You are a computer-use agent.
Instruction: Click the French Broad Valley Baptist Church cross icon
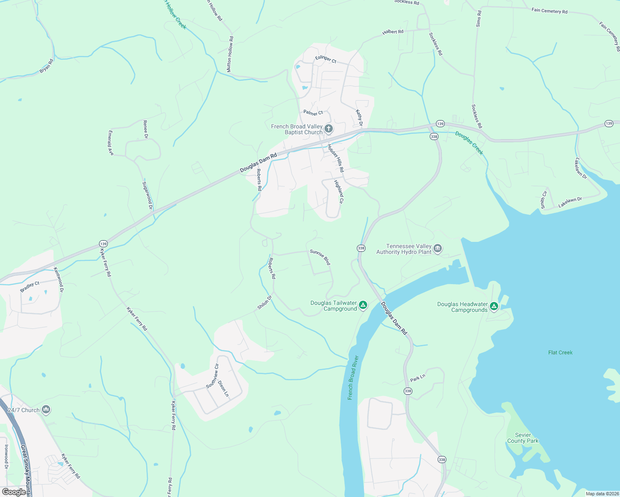328,129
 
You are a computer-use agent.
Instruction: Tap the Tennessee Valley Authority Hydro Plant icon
438,249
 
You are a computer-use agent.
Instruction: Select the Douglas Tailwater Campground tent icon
363,306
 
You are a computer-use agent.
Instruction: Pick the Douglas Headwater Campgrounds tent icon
494,306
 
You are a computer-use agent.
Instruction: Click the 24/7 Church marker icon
46,410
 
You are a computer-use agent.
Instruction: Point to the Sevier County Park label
523,438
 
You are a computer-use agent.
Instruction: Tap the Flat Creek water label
560,352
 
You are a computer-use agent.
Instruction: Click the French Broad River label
353,377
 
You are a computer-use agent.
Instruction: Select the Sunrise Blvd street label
320,257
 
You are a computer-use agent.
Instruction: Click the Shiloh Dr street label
264,302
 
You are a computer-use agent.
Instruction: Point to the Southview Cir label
212,376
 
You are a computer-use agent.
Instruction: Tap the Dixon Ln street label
223,388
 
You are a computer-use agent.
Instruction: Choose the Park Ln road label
417,378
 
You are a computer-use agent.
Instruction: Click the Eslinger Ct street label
326,59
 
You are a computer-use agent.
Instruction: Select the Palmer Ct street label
313,113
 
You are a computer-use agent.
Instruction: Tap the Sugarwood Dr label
148,195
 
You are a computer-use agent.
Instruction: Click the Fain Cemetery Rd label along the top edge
549,11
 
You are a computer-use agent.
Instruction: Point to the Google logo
14,492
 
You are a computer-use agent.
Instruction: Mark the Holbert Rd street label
392,32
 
